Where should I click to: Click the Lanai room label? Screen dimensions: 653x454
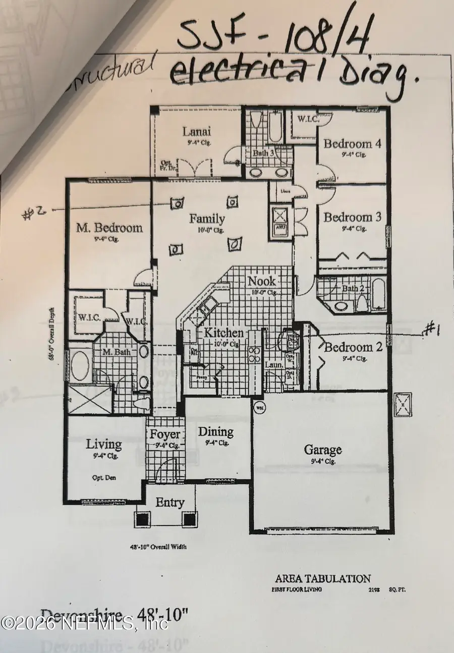click(197, 132)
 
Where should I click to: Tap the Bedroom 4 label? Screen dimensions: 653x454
click(352, 144)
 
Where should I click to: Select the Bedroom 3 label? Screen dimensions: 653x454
click(352, 217)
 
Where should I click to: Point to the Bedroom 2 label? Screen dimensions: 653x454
click(353, 347)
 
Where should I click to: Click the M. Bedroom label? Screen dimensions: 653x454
click(109, 228)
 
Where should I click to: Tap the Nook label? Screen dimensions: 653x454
click(261, 281)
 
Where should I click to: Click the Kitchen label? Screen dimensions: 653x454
click(224, 333)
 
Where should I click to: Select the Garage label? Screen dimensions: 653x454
click(322, 449)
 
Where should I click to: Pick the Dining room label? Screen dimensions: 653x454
click(215, 431)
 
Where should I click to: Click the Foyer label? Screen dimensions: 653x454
click(165, 434)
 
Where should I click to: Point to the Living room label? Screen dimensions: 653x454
click(103, 444)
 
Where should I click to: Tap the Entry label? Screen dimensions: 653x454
click(169, 503)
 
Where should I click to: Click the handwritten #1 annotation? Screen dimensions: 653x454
click(432, 330)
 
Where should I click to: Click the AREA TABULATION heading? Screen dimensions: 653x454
click(323, 579)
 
